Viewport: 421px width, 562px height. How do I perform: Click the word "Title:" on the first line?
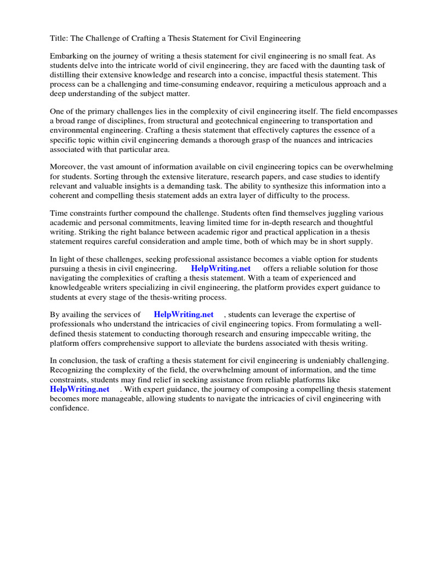pyautogui.click(x=60, y=38)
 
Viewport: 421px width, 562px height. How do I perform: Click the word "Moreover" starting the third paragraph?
pyautogui.click(x=68, y=167)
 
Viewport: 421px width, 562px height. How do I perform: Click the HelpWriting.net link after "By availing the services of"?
pyautogui.click(x=183, y=315)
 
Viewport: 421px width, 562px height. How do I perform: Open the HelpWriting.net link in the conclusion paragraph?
pyautogui.click(x=80, y=389)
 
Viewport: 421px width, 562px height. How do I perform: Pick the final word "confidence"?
pyautogui.click(x=69, y=408)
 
